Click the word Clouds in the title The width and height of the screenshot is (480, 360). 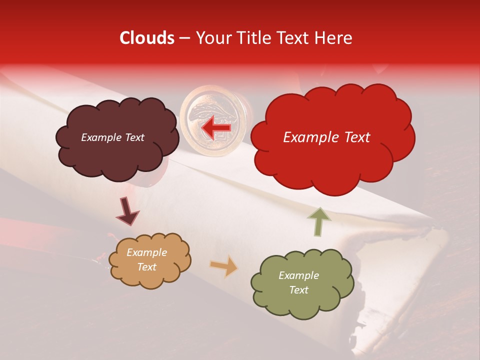coord(147,38)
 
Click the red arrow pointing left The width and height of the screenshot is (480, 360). coord(216,129)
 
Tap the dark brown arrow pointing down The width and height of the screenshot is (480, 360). coord(127,211)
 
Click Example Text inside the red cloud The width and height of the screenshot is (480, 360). coord(326,137)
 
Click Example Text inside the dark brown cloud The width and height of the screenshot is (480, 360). coord(112,137)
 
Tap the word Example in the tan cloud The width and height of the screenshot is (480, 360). coord(146,252)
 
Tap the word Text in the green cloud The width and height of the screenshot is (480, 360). coord(298,290)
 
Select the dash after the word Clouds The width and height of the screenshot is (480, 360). coord(184,38)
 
